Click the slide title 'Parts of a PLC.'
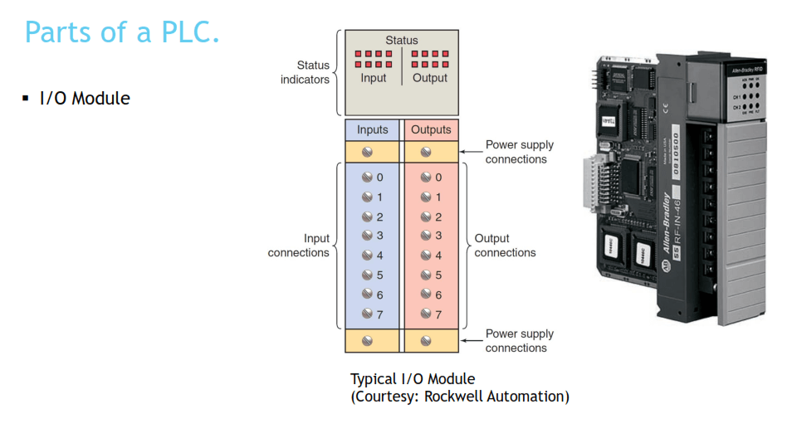pos(122,32)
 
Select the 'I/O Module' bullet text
pos(85,98)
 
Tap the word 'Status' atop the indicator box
pos(402,40)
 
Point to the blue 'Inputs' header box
pos(372,129)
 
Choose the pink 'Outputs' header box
pos(431,129)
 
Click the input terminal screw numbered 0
pos(367,178)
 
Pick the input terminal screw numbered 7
pos(367,314)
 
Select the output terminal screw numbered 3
pos(425,236)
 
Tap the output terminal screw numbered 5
pos(425,275)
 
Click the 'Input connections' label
pos(299,246)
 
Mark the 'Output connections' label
pos(505,246)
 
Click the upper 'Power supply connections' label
pos(520,152)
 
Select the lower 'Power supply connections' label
pos(520,341)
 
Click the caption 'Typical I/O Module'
pos(413,379)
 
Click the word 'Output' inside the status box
pos(430,78)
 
